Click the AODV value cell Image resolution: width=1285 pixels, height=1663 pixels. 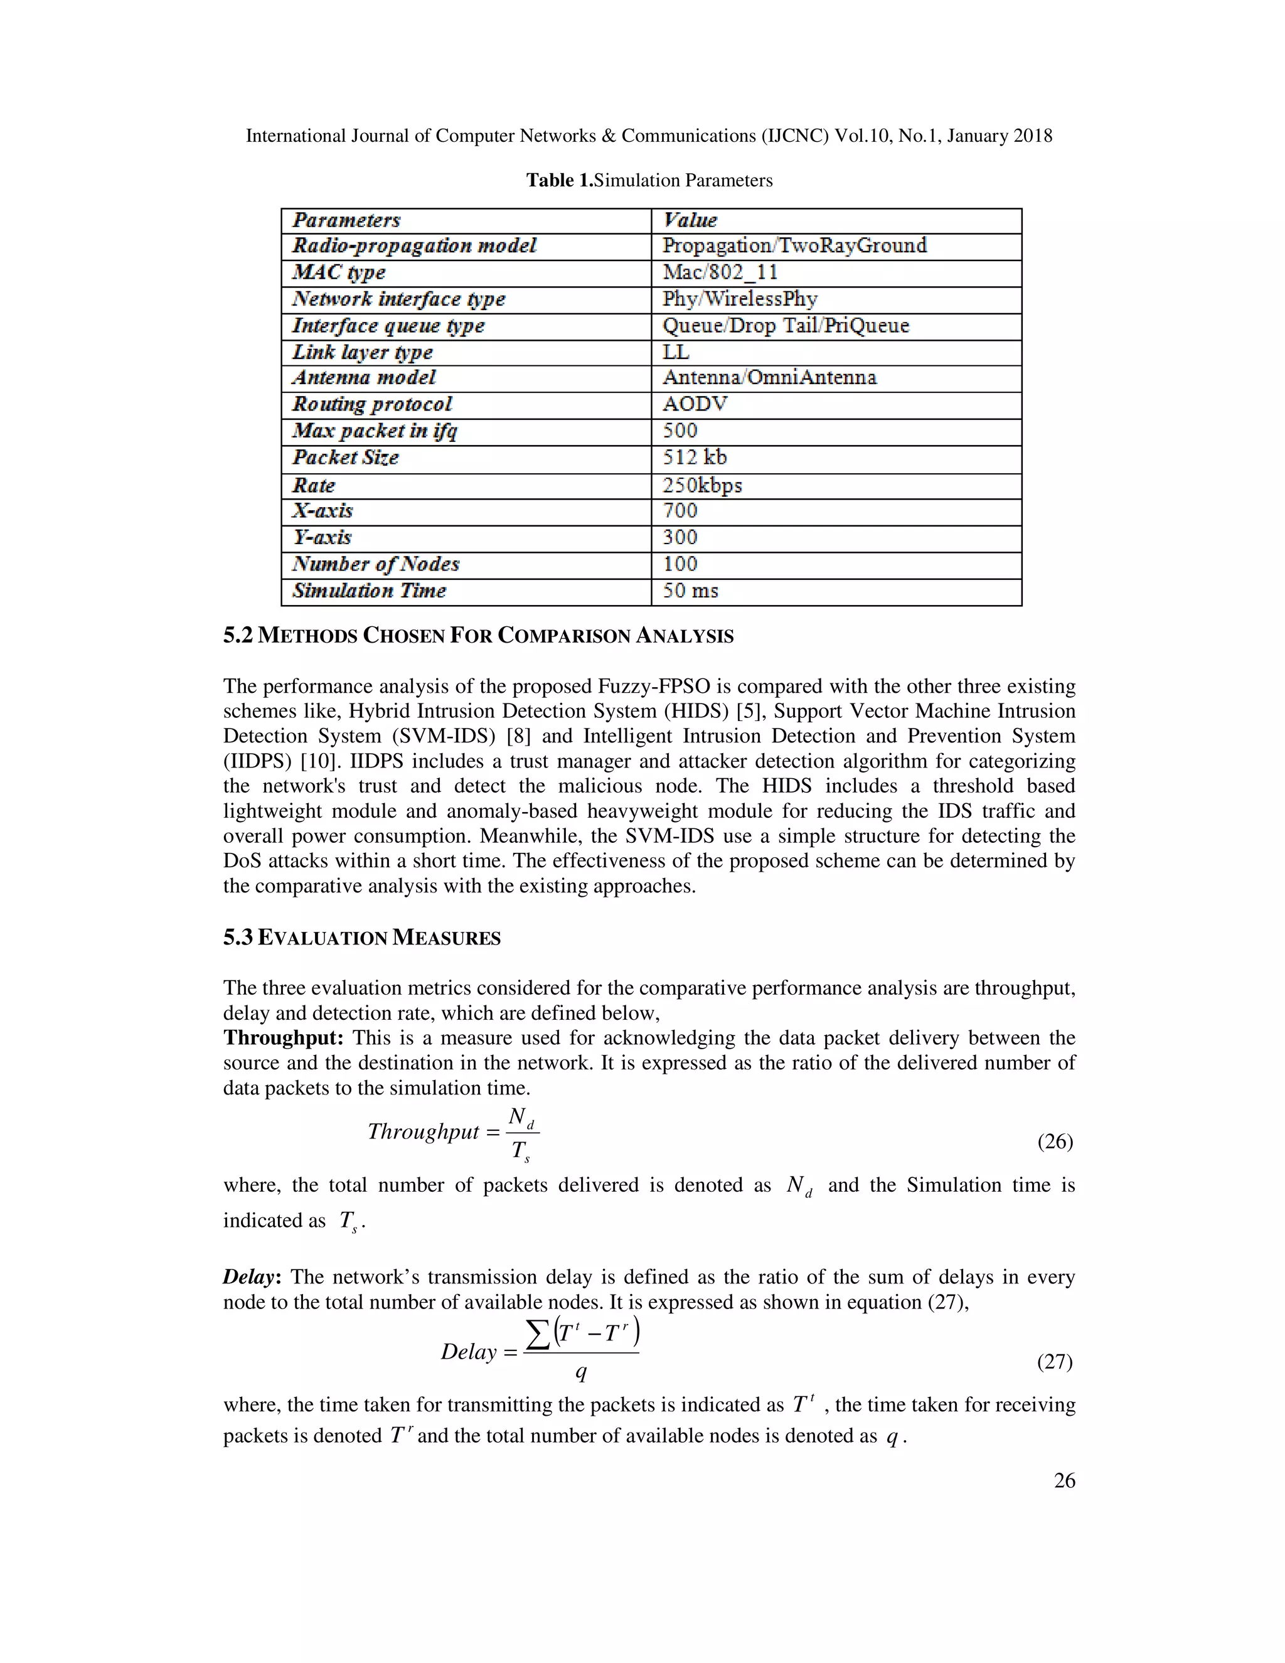point(695,404)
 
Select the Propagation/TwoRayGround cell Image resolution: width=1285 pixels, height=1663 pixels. point(794,245)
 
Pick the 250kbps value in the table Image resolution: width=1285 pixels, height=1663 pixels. point(701,485)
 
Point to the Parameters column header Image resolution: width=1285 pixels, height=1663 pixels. point(346,220)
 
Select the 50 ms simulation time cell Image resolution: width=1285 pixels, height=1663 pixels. point(690,591)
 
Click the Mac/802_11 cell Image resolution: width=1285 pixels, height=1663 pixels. point(720,272)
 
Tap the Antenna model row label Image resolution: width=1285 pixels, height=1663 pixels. point(364,378)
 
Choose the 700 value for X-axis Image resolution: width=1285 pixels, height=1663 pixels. point(679,511)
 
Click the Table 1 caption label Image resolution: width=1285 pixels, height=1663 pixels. point(559,181)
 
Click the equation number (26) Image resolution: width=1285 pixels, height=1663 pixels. point(1054,1141)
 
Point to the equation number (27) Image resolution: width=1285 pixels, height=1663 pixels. point(1054,1361)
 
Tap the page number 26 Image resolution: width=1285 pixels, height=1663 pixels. point(1064,1480)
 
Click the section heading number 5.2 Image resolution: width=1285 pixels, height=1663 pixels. point(238,635)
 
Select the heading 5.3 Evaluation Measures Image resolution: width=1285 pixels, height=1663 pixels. point(361,938)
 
